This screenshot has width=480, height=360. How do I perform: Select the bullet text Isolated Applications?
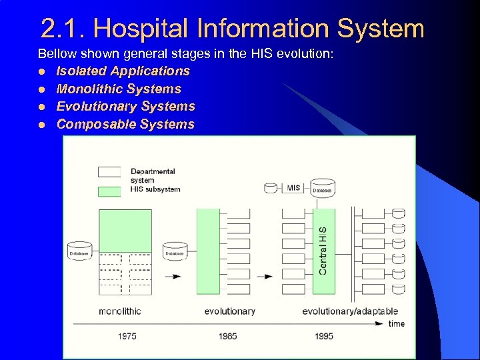pyautogui.click(x=123, y=71)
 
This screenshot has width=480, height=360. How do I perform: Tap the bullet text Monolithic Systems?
pyautogui.click(x=119, y=89)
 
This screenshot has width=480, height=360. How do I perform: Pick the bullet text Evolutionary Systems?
pyautogui.click(x=126, y=106)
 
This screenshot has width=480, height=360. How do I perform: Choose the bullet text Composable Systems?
pyautogui.click(x=125, y=124)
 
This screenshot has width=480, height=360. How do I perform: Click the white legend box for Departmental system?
pyautogui.click(x=109, y=171)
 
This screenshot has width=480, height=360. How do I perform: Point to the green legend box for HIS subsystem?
pyautogui.click(x=109, y=191)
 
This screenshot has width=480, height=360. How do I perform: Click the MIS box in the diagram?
pyautogui.click(x=293, y=188)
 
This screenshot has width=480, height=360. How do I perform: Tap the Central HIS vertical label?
pyautogui.click(x=323, y=250)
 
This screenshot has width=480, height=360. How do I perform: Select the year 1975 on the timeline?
pyautogui.click(x=127, y=336)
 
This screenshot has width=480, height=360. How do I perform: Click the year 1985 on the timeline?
pyautogui.click(x=227, y=336)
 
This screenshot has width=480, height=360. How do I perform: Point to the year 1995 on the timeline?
pyautogui.click(x=323, y=336)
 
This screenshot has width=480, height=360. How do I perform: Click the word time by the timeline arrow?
pyautogui.click(x=396, y=324)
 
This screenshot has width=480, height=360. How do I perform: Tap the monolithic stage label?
pyautogui.click(x=120, y=311)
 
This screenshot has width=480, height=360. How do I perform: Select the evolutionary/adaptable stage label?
pyautogui.click(x=350, y=311)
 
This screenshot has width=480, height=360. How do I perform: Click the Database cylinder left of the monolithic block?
pyautogui.click(x=80, y=251)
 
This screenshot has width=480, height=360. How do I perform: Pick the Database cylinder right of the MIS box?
pyautogui.click(x=322, y=189)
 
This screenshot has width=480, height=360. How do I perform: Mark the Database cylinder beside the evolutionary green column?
pyautogui.click(x=175, y=251)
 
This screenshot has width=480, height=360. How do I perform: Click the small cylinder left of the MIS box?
pyautogui.click(x=271, y=188)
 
